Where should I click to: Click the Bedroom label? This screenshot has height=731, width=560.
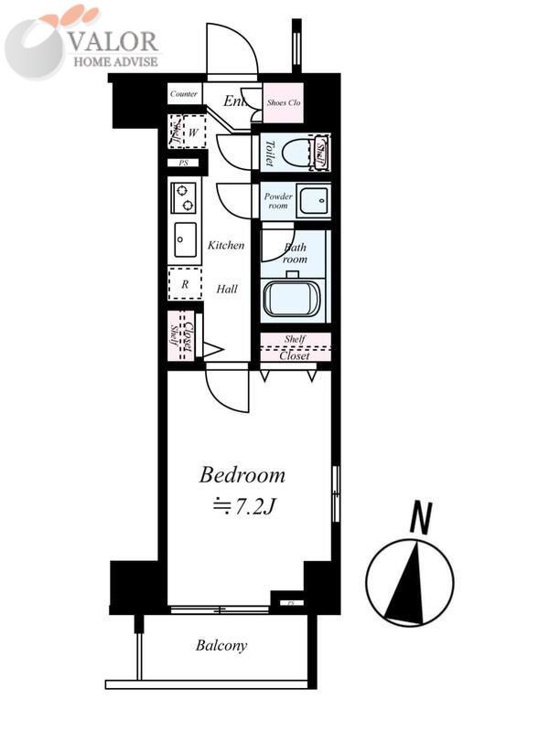point(242,476)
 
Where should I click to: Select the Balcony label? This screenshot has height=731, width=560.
point(221,646)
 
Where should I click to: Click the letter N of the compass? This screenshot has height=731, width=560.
point(420,519)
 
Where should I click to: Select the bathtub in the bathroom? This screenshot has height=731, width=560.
point(290,298)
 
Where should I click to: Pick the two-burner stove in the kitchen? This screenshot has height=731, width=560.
point(184,198)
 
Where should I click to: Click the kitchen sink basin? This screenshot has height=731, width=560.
point(184,239)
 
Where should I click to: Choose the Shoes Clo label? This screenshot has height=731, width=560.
point(284,103)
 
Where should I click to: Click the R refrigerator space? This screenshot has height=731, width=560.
point(185,284)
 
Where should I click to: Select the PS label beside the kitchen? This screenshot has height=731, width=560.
point(183,164)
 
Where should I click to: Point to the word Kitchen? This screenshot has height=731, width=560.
point(226,246)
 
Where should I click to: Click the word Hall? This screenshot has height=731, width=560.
point(227,289)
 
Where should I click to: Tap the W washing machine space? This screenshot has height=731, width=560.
point(192,132)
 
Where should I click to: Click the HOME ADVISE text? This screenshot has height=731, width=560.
point(115,61)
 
